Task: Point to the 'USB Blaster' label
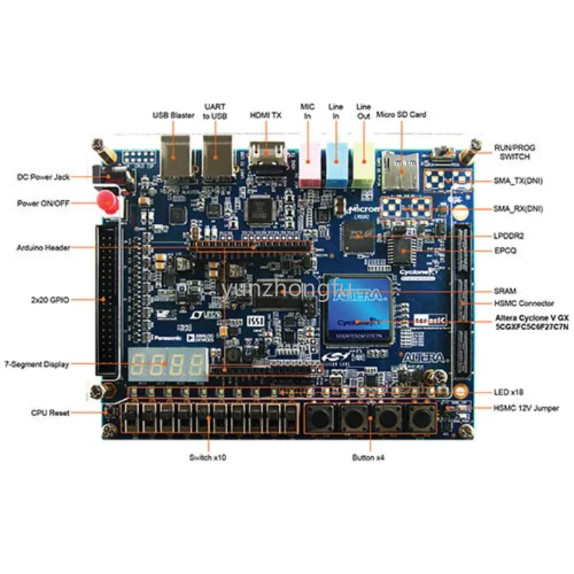[x=173, y=115]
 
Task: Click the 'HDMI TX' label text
[x=265, y=115]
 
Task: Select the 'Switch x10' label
[x=208, y=458]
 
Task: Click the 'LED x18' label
[x=507, y=392]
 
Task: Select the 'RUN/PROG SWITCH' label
[x=514, y=152]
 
